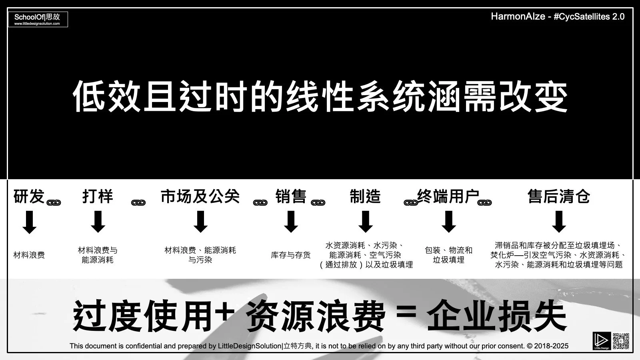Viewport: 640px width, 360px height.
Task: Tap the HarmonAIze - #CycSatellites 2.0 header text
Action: coord(558,16)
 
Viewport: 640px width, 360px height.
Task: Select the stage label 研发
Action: coord(29,196)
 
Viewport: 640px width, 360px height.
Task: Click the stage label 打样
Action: coord(98,196)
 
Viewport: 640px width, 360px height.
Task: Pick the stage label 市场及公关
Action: coord(200,196)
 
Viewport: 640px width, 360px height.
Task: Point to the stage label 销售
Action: coord(291,196)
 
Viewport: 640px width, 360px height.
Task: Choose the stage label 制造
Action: coord(365,196)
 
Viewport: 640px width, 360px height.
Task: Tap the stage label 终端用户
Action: coord(448,196)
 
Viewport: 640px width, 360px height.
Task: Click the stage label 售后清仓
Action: coord(558,196)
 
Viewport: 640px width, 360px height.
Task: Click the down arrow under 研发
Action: coord(29,222)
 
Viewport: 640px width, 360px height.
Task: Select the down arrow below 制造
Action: coord(366,222)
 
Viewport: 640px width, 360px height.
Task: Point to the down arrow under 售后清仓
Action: coord(559,222)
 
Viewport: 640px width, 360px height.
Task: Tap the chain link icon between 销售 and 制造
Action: coord(318,203)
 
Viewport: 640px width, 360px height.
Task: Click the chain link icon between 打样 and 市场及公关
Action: coord(138,203)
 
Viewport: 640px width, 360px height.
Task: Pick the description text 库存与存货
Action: coord(291,255)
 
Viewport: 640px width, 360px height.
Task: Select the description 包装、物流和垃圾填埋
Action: coord(448,255)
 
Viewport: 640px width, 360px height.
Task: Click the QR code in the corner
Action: coord(621,340)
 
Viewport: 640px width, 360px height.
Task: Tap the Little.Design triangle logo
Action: coord(602,340)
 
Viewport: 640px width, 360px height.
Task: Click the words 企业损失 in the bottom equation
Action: coord(496,317)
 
